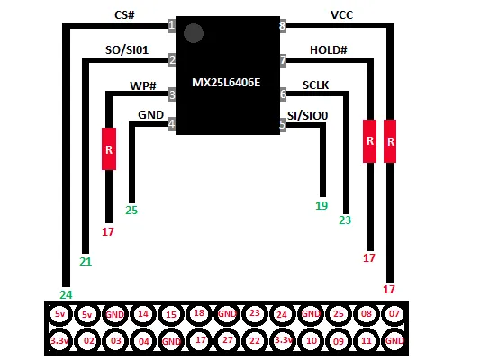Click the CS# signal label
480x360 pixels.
pos(124,14)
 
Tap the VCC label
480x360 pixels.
pos(341,14)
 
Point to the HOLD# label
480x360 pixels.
pos(329,49)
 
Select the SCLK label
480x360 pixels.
pos(315,85)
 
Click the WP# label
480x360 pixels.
pos(143,85)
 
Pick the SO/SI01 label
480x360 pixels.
pos(127,49)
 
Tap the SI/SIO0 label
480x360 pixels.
pos(307,115)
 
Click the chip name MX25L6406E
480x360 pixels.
pos(226,83)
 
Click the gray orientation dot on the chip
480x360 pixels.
pos(194,33)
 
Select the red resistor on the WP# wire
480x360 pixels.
pos(109,148)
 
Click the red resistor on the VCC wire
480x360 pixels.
pos(390,141)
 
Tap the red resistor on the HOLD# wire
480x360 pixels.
pos(370,141)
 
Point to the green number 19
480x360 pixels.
pos(322,206)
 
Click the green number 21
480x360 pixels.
pos(86,262)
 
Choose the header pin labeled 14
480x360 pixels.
pos(143,314)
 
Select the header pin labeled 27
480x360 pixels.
pos(228,340)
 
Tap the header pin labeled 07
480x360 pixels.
pos(394,314)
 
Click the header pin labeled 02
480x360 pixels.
pos(89,340)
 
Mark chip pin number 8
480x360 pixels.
pos(283,26)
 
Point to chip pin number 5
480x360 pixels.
pos(283,125)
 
